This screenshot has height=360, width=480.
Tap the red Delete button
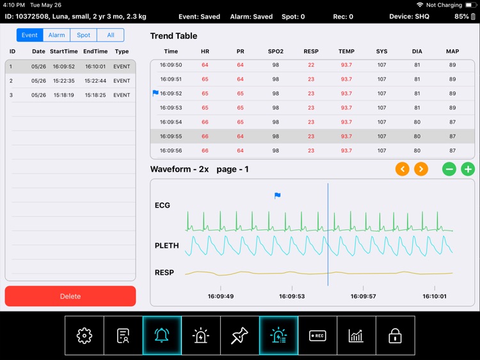pyautogui.click(x=70, y=296)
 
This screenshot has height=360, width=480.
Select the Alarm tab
pyautogui.click(x=56, y=35)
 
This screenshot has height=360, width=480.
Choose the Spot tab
pyautogui.click(x=83, y=35)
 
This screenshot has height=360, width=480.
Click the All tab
pyautogui.click(x=111, y=35)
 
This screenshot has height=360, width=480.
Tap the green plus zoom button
pyautogui.click(x=468, y=169)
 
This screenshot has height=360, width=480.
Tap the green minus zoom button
pyautogui.click(x=449, y=169)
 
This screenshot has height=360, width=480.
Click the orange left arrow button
pyautogui.click(x=402, y=169)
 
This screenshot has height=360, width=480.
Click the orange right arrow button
pyautogui.click(x=420, y=169)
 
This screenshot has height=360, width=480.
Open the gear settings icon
pyautogui.click(x=84, y=336)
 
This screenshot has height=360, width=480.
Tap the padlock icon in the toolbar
pyautogui.click(x=395, y=336)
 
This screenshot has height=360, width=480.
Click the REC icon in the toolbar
pyautogui.click(x=317, y=336)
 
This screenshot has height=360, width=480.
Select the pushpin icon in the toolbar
pyautogui.click(x=239, y=336)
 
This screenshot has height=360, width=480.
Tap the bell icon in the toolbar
pyautogui.click(x=162, y=336)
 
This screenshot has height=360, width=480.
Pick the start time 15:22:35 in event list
pyautogui.click(x=64, y=81)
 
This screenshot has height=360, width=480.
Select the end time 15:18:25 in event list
pyautogui.click(x=95, y=95)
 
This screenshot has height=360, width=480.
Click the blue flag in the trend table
pyautogui.click(x=156, y=93)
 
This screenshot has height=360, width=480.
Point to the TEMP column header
pyautogui.click(x=346, y=51)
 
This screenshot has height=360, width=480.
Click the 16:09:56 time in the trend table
pyautogui.click(x=171, y=151)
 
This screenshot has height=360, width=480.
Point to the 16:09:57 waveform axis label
pyautogui.click(x=363, y=297)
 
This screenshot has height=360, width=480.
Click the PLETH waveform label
pyautogui.click(x=166, y=246)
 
